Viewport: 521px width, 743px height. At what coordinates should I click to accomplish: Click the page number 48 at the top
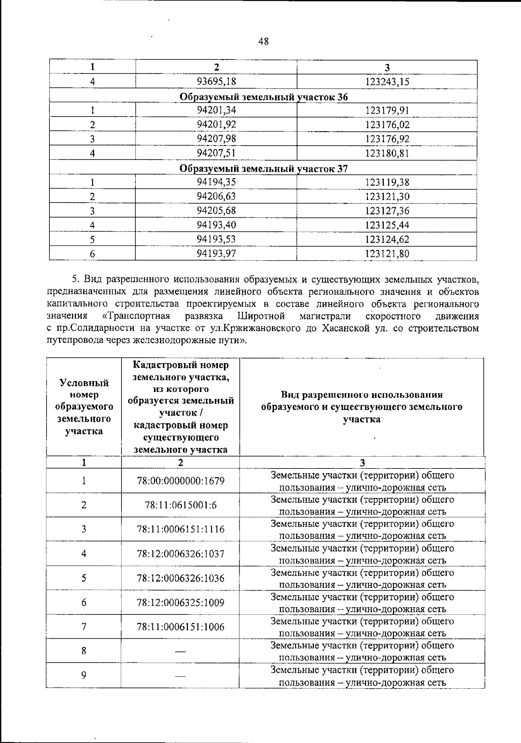click(x=263, y=42)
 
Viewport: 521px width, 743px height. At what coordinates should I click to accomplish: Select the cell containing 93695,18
click(x=216, y=81)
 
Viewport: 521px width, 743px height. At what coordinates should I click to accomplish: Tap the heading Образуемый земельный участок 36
click(x=264, y=96)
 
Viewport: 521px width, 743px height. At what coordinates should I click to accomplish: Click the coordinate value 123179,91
click(x=387, y=110)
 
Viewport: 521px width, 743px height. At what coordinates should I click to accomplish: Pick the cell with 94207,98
click(x=216, y=139)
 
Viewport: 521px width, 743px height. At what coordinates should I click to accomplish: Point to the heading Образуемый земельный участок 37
click(x=264, y=169)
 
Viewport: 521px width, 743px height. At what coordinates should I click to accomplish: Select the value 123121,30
click(x=387, y=196)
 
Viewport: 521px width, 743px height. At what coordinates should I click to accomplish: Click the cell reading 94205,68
click(x=216, y=211)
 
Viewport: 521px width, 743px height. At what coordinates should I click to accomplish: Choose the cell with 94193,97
click(x=216, y=253)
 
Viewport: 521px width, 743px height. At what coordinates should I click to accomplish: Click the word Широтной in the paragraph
click(x=261, y=316)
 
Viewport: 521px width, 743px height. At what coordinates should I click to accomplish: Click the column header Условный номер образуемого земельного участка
click(x=84, y=407)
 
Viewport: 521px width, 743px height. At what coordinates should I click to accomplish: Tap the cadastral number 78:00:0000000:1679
click(x=180, y=481)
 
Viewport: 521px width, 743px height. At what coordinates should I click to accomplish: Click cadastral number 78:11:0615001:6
click(x=180, y=505)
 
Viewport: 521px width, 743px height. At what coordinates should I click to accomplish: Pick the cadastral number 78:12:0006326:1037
click(x=180, y=554)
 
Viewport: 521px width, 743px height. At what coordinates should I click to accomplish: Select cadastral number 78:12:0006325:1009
click(x=180, y=603)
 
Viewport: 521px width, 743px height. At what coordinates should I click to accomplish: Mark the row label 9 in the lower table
click(x=84, y=675)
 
